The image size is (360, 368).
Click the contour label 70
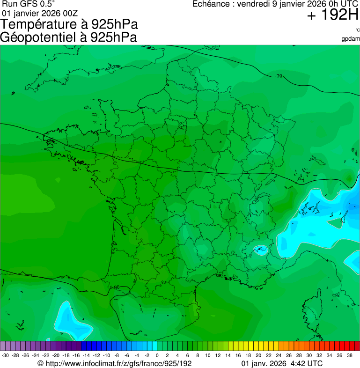tap(279, 76)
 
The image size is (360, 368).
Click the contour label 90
tap(117, 287)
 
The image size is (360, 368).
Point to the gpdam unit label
tap(351, 39)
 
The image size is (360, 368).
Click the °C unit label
tap(357, 30)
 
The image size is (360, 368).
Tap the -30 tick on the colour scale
tap(5, 356)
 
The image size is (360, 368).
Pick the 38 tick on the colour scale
tap(349, 356)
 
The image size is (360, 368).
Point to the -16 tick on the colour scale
tap(76, 356)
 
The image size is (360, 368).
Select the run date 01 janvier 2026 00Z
tap(40, 13)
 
